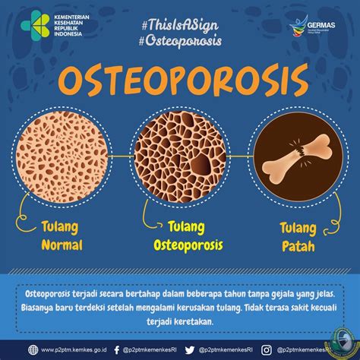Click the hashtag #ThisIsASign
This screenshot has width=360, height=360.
pyautogui.click(x=178, y=23)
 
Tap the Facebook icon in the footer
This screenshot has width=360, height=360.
pyautogui.click(x=116, y=350)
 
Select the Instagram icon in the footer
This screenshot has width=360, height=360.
pyautogui.click(x=267, y=350)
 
